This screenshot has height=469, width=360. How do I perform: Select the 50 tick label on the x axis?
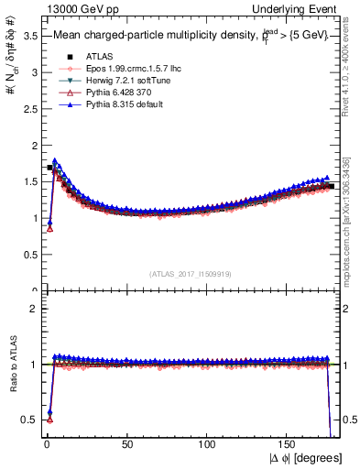126,443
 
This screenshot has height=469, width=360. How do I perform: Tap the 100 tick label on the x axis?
208,443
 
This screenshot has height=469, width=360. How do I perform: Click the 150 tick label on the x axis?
289,443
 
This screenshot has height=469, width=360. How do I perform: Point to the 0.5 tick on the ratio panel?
27,420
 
